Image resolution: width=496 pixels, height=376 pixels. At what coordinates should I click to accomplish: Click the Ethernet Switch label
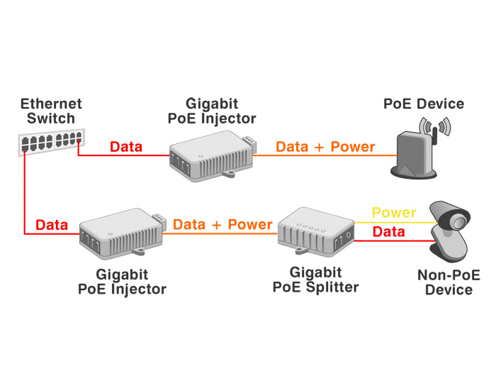[x=51, y=111]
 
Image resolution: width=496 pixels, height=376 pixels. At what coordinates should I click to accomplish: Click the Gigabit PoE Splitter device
[x=315, y=231]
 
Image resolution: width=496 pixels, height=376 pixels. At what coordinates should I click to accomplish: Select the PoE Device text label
[x=424, y=104]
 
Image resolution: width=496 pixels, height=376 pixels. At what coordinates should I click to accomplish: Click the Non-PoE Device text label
[x=444, y=282]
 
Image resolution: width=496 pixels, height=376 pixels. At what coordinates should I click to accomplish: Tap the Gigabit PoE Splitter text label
[x=315, y=280]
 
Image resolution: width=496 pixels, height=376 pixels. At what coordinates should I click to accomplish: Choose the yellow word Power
[x=394, y=212]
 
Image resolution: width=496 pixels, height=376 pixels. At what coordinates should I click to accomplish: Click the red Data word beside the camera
[x=388, y=232]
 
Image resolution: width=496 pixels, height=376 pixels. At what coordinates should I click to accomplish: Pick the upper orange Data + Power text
[x=325, y=147]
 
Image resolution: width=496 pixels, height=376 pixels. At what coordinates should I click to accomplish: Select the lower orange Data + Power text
[x=222, y=224]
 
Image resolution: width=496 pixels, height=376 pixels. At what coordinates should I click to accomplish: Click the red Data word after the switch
[x=126, y=148]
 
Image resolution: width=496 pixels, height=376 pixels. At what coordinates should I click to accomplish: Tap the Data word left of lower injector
[x=52, y=226]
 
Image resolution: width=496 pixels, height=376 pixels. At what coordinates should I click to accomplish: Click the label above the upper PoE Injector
[x=211, y=111]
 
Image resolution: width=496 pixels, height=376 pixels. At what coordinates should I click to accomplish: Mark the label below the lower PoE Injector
[x=122, y=282]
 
